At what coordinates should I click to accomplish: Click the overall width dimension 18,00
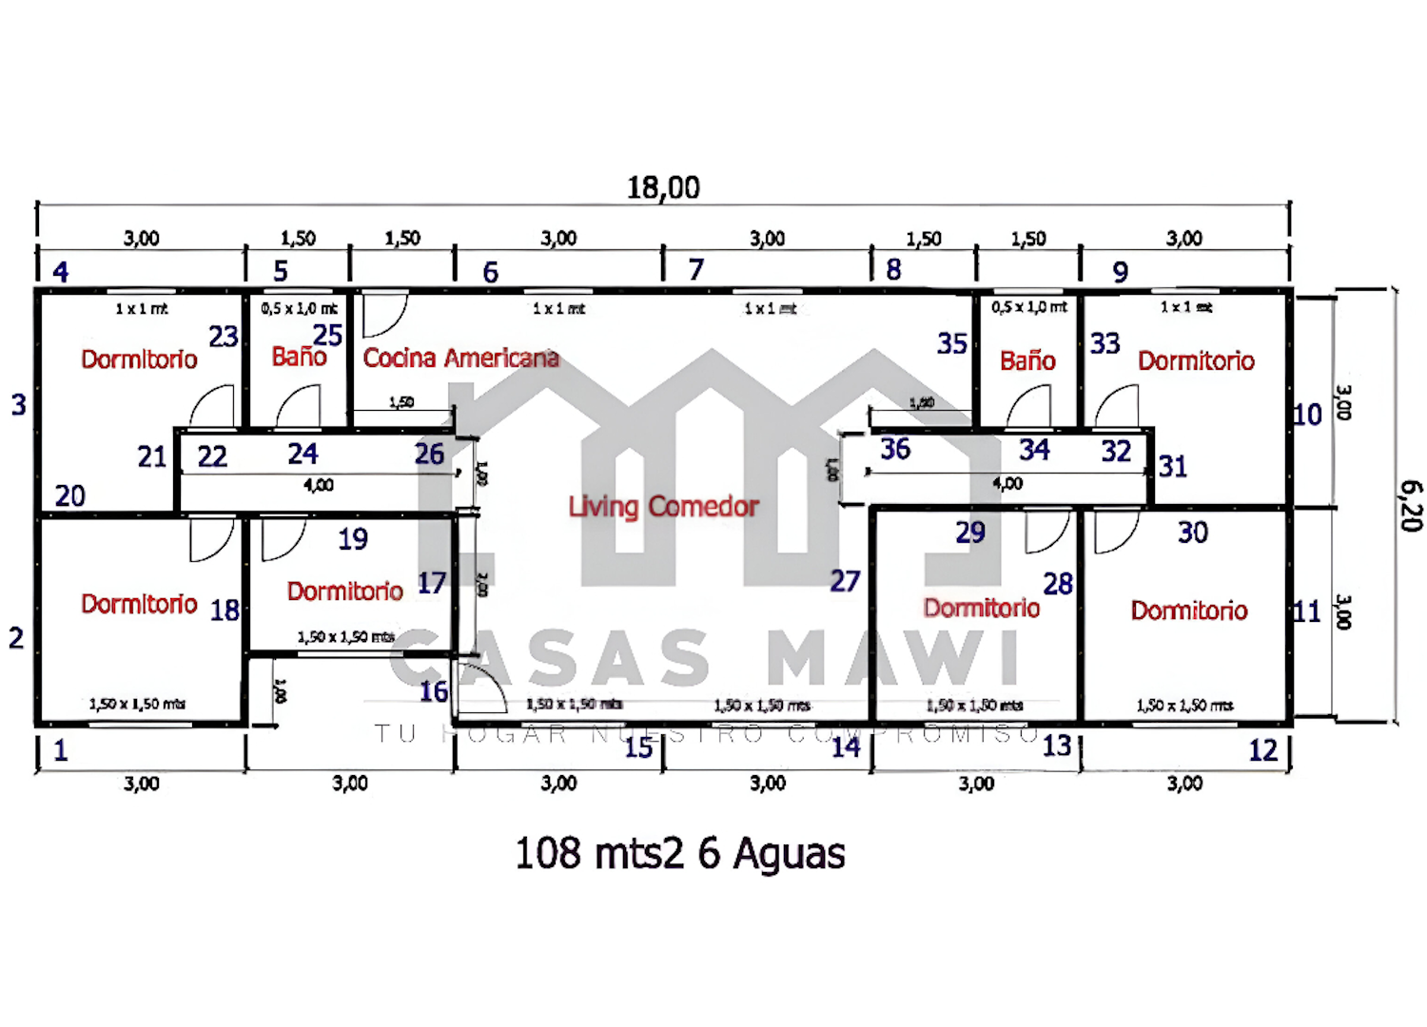tap(663, 187)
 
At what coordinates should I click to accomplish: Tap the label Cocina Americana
tap(460, 358)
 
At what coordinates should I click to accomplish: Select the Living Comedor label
tap(663, 506)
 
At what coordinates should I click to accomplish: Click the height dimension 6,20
tap(1411, 505)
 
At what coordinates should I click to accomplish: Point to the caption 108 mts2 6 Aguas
tap(679, 853)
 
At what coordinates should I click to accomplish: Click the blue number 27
tap(845, 580)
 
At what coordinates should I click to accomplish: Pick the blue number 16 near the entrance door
tap(434, 691)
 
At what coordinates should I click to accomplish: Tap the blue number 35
tap(951, 343)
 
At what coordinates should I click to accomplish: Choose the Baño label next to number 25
tap(299, 357)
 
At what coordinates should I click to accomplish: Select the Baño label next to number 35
tap(1027, 360)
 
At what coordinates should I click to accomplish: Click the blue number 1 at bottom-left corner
tap(61, 750)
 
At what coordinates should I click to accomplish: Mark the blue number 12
tap(1263, 750)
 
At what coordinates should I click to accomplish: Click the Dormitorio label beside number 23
tap(139, 359)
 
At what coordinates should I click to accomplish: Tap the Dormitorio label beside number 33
tap(1196, 360)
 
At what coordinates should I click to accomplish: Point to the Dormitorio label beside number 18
tap(139, 604)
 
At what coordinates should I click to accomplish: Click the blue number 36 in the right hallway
tap(895, 449)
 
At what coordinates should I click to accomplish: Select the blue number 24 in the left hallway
tap(303, 454)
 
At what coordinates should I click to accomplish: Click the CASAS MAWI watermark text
tap(704, 658)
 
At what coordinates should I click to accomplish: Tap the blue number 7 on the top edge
tap(696, 270)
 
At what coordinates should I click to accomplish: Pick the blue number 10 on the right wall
tap(1307, 415)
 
